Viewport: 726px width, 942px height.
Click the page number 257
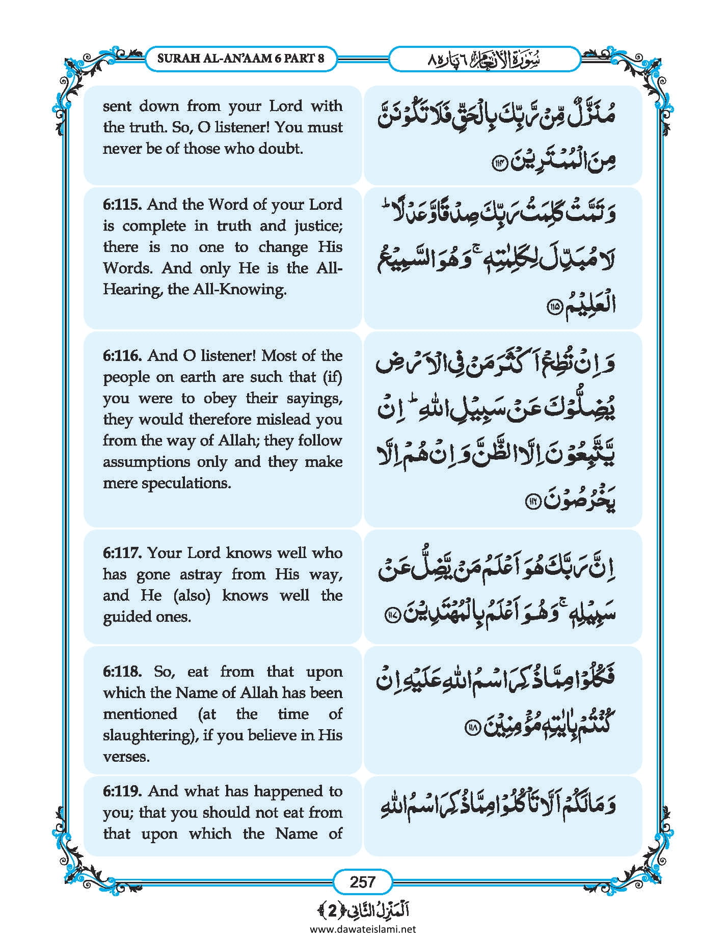pos(362,882)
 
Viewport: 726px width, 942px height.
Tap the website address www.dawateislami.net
pos(363,929)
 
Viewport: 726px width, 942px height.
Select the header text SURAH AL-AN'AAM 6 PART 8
pos(240,58)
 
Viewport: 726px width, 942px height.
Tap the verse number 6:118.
pos(122,672)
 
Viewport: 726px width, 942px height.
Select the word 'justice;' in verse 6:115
pos(317,226)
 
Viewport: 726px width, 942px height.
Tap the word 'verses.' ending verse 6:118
pos(126,757)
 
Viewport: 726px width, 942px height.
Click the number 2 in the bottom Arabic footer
pos(332,910)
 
